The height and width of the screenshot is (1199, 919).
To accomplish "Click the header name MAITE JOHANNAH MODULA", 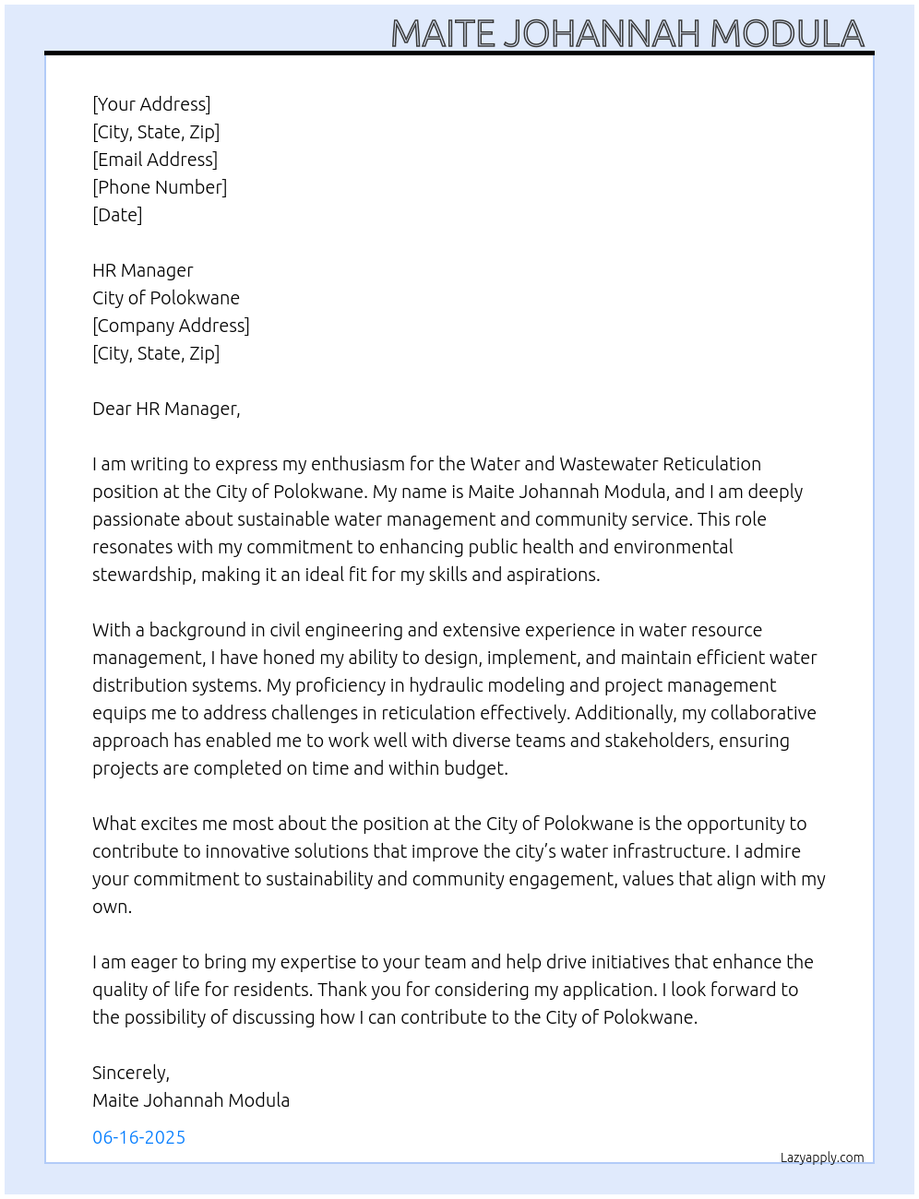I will [x=627, y=33].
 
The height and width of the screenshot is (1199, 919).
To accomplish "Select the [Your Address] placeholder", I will [x=151, y=104].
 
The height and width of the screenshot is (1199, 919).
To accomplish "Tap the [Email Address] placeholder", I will [x=155, y=160].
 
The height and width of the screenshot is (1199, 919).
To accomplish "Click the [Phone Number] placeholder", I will [x=160, y=187].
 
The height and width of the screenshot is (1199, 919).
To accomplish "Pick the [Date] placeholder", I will [x=117, y=215].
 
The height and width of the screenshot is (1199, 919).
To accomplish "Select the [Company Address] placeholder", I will [x=171, y=326].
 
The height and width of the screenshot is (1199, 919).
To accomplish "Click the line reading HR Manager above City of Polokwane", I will [x=143, y=270].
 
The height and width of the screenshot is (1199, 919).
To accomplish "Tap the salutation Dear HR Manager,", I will [x=166, y=409].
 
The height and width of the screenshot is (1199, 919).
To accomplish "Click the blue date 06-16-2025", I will [x=139, y=1137].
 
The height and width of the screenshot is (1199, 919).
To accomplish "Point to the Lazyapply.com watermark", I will [x=822, y=1157].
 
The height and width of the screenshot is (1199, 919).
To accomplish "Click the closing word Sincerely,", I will [x=131, y=1073].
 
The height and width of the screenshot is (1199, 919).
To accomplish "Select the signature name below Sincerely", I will [x=191, y=1100].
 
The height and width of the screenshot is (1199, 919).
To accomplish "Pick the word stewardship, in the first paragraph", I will [x=143, y=575].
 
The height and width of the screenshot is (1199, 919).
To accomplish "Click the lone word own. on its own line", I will [x=112, y=907].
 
